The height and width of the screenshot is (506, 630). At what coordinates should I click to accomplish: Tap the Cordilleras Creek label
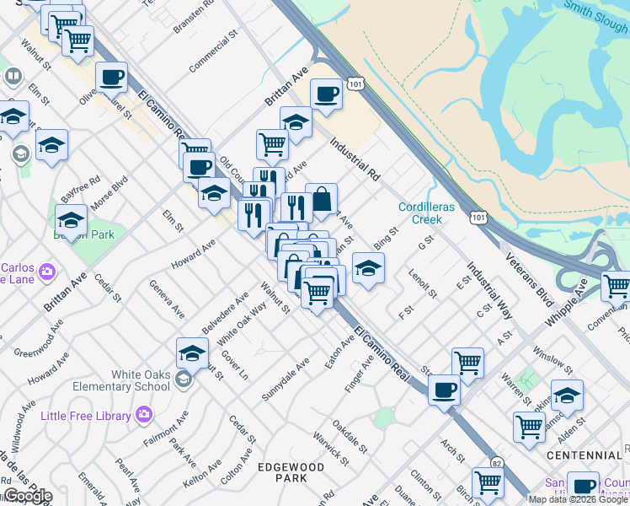420,213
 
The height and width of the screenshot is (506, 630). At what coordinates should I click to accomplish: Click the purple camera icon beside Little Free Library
144,414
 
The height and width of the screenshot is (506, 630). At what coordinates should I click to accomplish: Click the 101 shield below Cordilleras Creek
477,217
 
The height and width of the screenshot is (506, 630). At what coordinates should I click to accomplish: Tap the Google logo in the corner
27,496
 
